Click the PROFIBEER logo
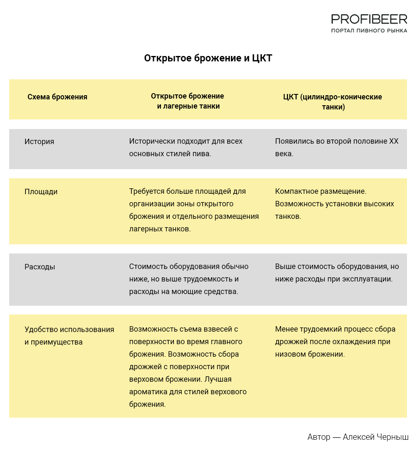pyautogui.click(x=369, y=19)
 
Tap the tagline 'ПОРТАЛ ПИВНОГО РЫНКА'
pyautogui.click(x=369, y=31)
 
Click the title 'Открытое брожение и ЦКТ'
pyautogui.click(x=208, y=58)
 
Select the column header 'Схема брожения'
pyautogui.click(x=57, y=97)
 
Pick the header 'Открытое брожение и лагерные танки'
pyautogui.click(x=188, y=101)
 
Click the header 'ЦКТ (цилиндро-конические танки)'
pyautogui.click(x=333, y=102)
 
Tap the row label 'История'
pyautogui.click(x=39, y=142)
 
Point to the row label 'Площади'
pyautogui.click(x=41, y=192)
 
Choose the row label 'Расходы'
pyautogui.click(x=40, y=267)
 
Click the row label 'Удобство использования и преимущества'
pyautogui.click(x=69, y=336)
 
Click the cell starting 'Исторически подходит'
pyautogui.click(x=186, y=147)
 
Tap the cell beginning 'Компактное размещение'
pyautogui.click(x=334, y=204)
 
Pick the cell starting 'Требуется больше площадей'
pyautogui.click(x=194, y=210)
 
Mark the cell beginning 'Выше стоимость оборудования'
pyautogui.click(x=337, y=273)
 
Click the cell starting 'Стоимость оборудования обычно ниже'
pyautogui.click(x=188, y=279)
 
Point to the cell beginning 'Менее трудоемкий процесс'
pyautogui.click(x=335, y=342)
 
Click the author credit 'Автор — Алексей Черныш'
pyautogui.click(x=358, y=437)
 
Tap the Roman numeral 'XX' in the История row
pyautogui.click(x=394, y=141)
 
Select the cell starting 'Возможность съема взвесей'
pyautogui.click(x=188, y=367)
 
